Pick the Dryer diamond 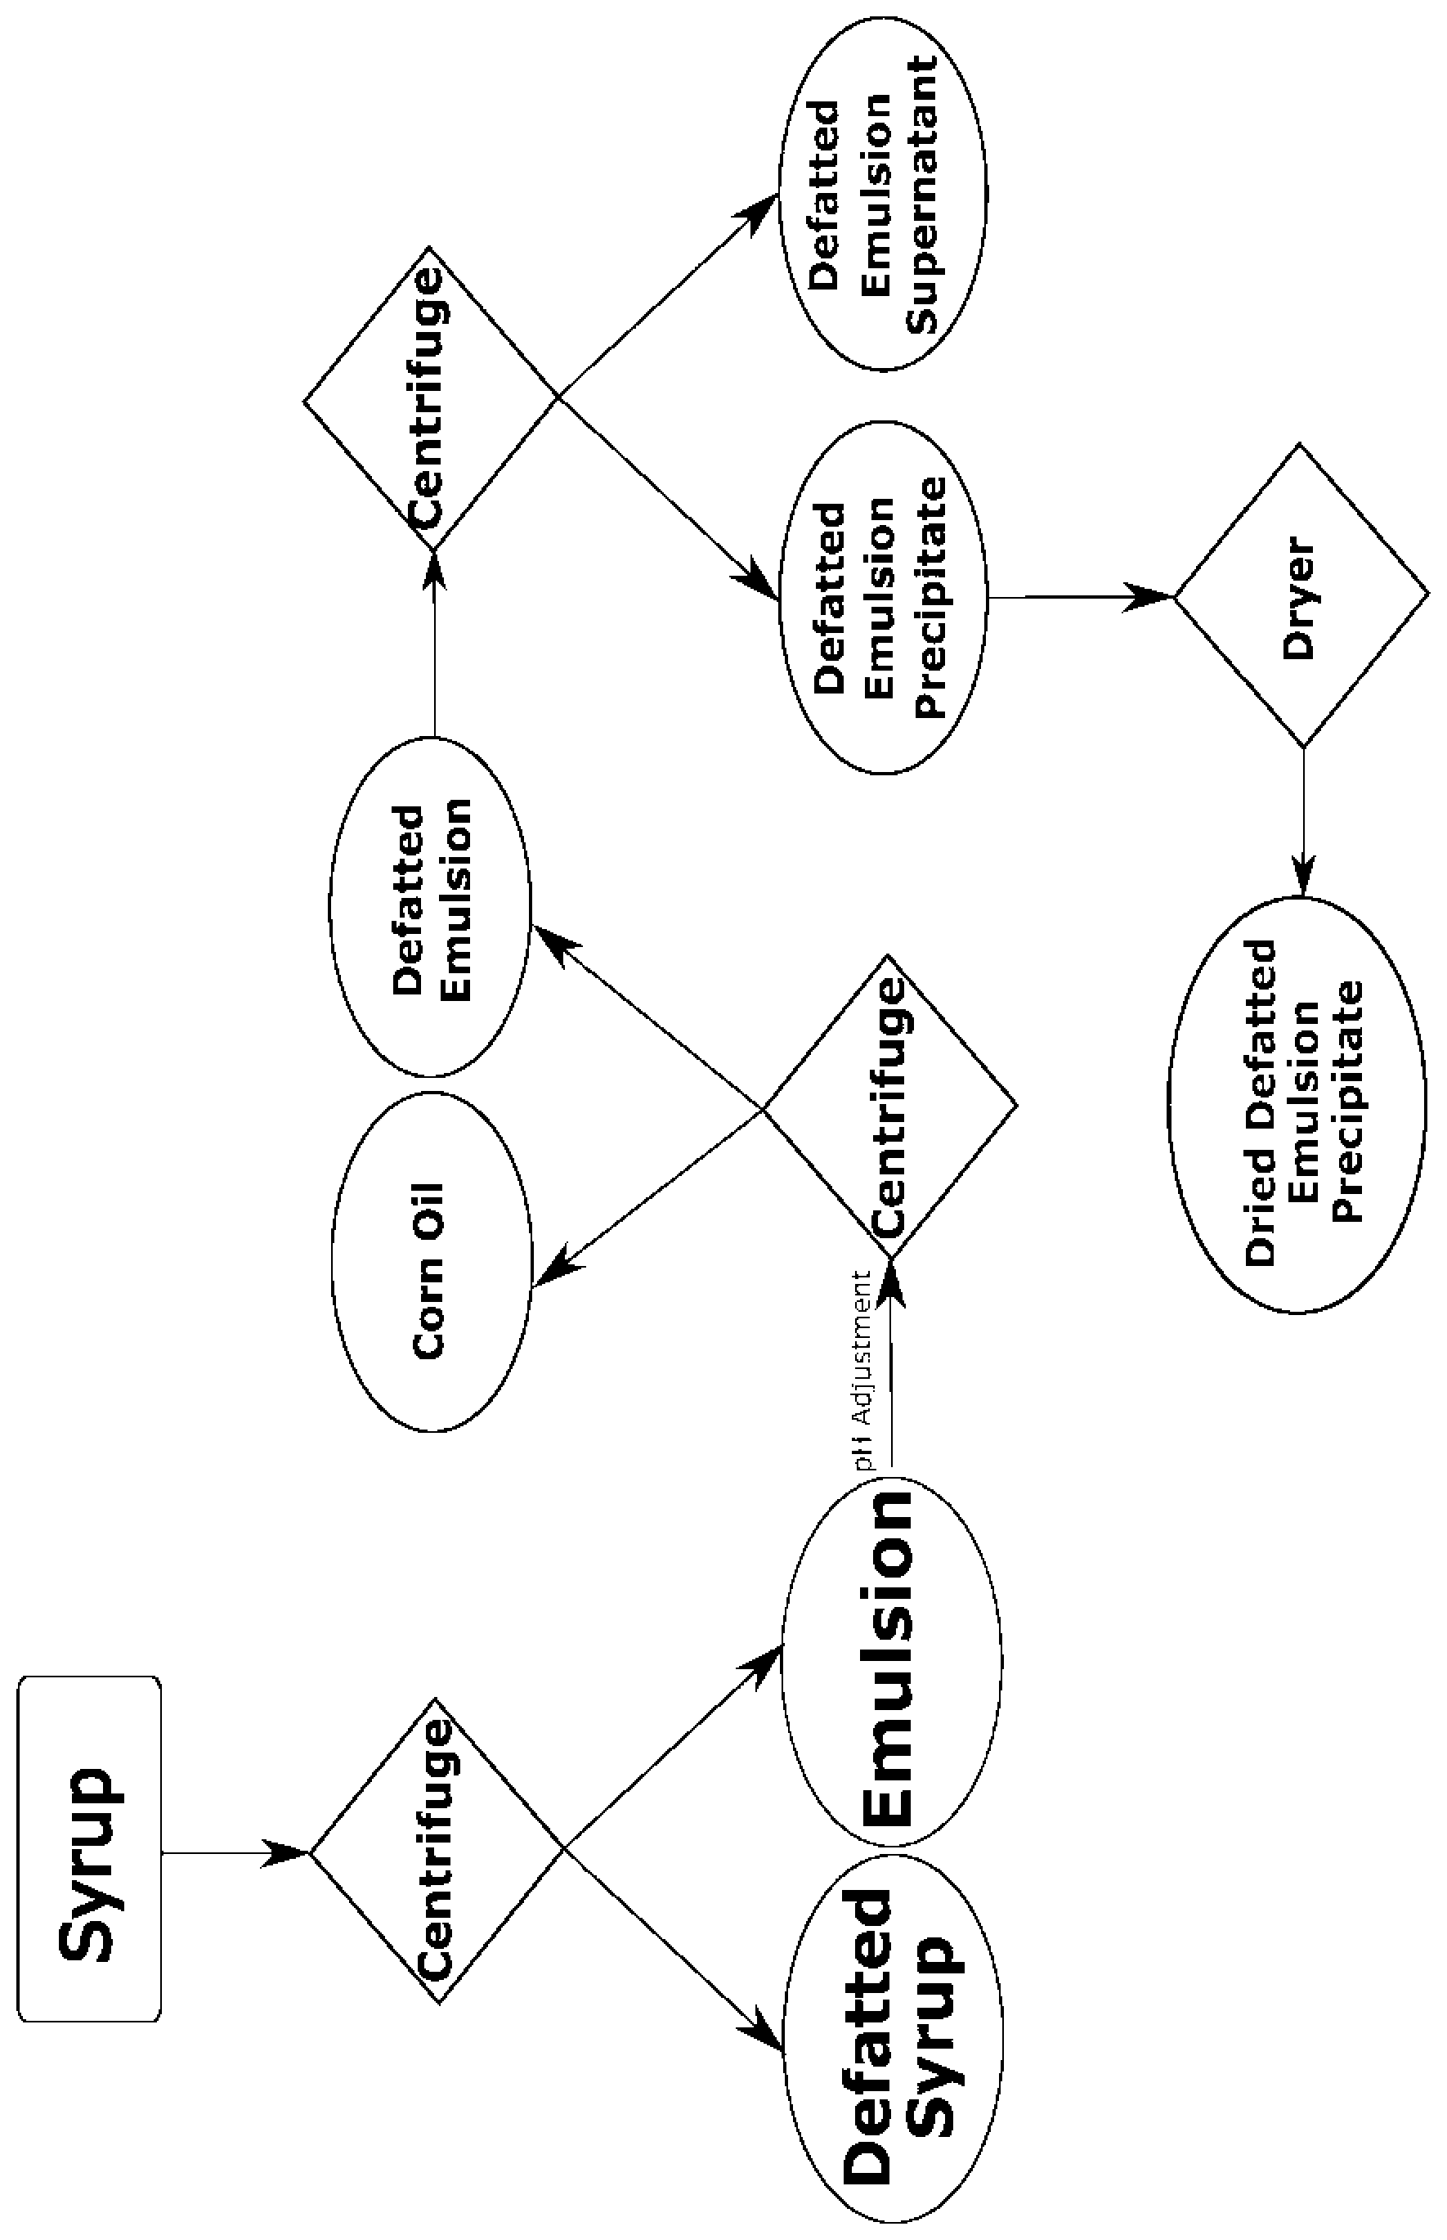click(1301, 596)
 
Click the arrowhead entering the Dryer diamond click(1152, 596)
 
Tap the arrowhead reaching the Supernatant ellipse click(759, 207)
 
